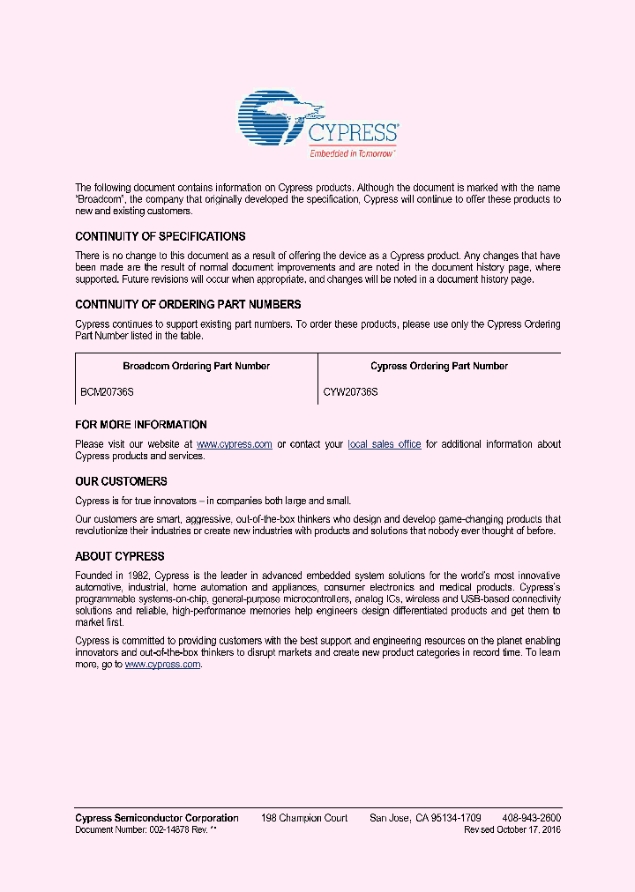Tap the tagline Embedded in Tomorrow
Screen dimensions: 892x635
352,153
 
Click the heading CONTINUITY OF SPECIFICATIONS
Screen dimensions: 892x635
161,237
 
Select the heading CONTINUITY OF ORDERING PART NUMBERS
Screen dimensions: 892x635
188,305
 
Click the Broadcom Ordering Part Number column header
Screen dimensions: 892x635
196,366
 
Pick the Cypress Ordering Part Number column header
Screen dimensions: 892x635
438,366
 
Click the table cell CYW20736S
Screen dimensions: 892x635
350,391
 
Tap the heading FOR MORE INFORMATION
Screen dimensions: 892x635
141,425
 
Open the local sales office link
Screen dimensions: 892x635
384,444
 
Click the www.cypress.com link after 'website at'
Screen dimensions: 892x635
234,444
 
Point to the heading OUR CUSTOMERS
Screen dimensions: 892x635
121,482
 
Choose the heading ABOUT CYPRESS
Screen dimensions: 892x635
120,557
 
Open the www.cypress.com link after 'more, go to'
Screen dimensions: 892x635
163,665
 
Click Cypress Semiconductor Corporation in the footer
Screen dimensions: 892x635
157,818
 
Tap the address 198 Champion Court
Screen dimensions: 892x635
304,818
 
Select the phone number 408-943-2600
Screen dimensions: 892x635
531,818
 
